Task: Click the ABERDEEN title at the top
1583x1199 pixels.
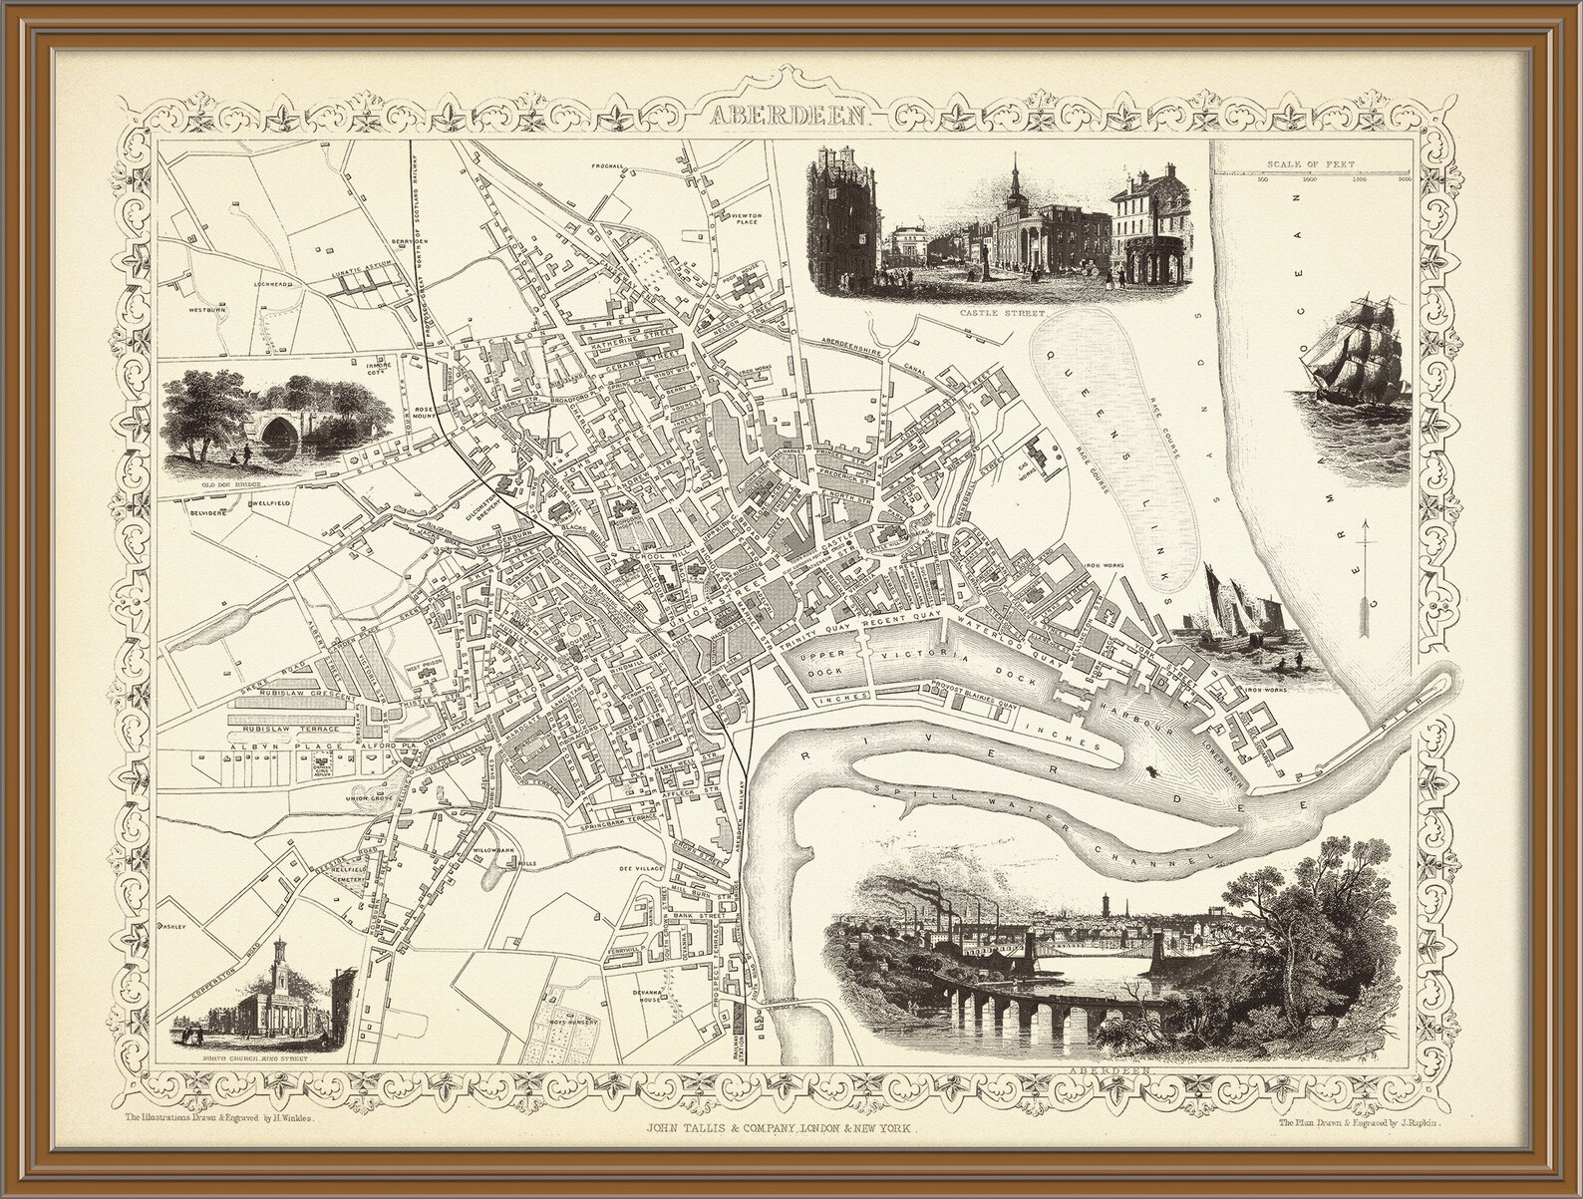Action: pos(791,116)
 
